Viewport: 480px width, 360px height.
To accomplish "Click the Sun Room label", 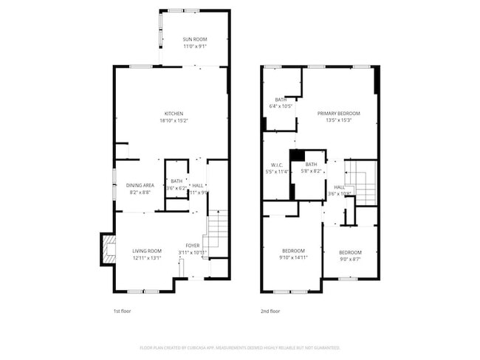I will click(x=195, y=38).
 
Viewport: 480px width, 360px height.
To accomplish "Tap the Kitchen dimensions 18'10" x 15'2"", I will click(x=174, y=120).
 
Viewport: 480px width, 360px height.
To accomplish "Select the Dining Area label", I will click(x=140, y=184).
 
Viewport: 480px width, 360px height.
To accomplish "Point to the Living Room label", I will click(x=147, y=251).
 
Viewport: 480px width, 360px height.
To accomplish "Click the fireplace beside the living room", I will click(x=108, y=249).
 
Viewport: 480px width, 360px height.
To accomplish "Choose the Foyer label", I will click(x=193, y=246).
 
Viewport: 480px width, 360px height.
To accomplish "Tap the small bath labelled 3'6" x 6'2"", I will click(x=176, y=184).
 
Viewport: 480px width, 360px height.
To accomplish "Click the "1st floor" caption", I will click(x=123, y=311).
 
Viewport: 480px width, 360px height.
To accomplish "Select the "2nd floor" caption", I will click(x=271, y=311).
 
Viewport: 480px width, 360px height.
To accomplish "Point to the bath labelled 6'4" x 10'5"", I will click(x=281, y=103).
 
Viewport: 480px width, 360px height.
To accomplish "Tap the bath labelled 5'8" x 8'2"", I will click(x=312, y=167).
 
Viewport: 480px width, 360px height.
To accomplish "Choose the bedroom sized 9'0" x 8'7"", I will click(x=350, y=255).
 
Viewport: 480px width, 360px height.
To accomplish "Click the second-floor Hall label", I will click(x=339, y=187).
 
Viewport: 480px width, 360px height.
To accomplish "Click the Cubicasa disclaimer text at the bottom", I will click(x=239, y=347).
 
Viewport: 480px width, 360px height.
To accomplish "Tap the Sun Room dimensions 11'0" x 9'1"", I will click(x=195, y=46).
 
